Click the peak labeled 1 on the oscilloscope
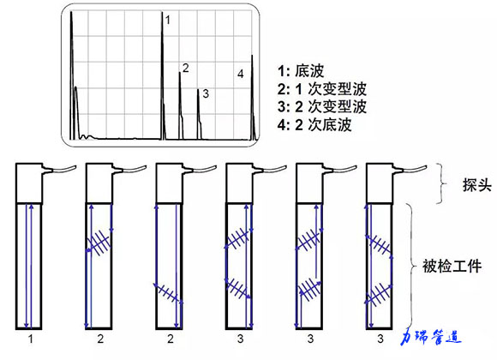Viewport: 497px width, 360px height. [163, 76]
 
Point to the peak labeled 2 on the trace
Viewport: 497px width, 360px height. [180, 105]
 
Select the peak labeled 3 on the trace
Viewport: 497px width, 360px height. [199, 114]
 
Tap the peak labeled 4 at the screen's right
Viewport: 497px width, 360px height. [253, 98]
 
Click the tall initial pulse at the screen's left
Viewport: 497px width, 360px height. [72, 75]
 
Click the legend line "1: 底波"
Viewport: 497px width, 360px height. [301, 70]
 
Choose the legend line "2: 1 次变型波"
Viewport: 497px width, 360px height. [322, 89]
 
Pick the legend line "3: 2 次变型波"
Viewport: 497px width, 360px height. [322, 106]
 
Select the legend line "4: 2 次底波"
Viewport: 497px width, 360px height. [314, 124]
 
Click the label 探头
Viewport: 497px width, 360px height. [476, 185]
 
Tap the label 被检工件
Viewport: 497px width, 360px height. [452, 266]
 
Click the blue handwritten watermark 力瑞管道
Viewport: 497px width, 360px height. [430, 337]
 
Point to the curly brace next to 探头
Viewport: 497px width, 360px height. [443, 183]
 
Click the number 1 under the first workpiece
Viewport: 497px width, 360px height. [31, 339]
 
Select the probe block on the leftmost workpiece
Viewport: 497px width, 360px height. [29, 183]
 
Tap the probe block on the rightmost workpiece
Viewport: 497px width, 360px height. [380, 183]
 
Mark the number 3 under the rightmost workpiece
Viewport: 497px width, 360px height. [380, 339]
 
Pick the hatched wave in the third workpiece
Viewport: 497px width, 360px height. [168, 292]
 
